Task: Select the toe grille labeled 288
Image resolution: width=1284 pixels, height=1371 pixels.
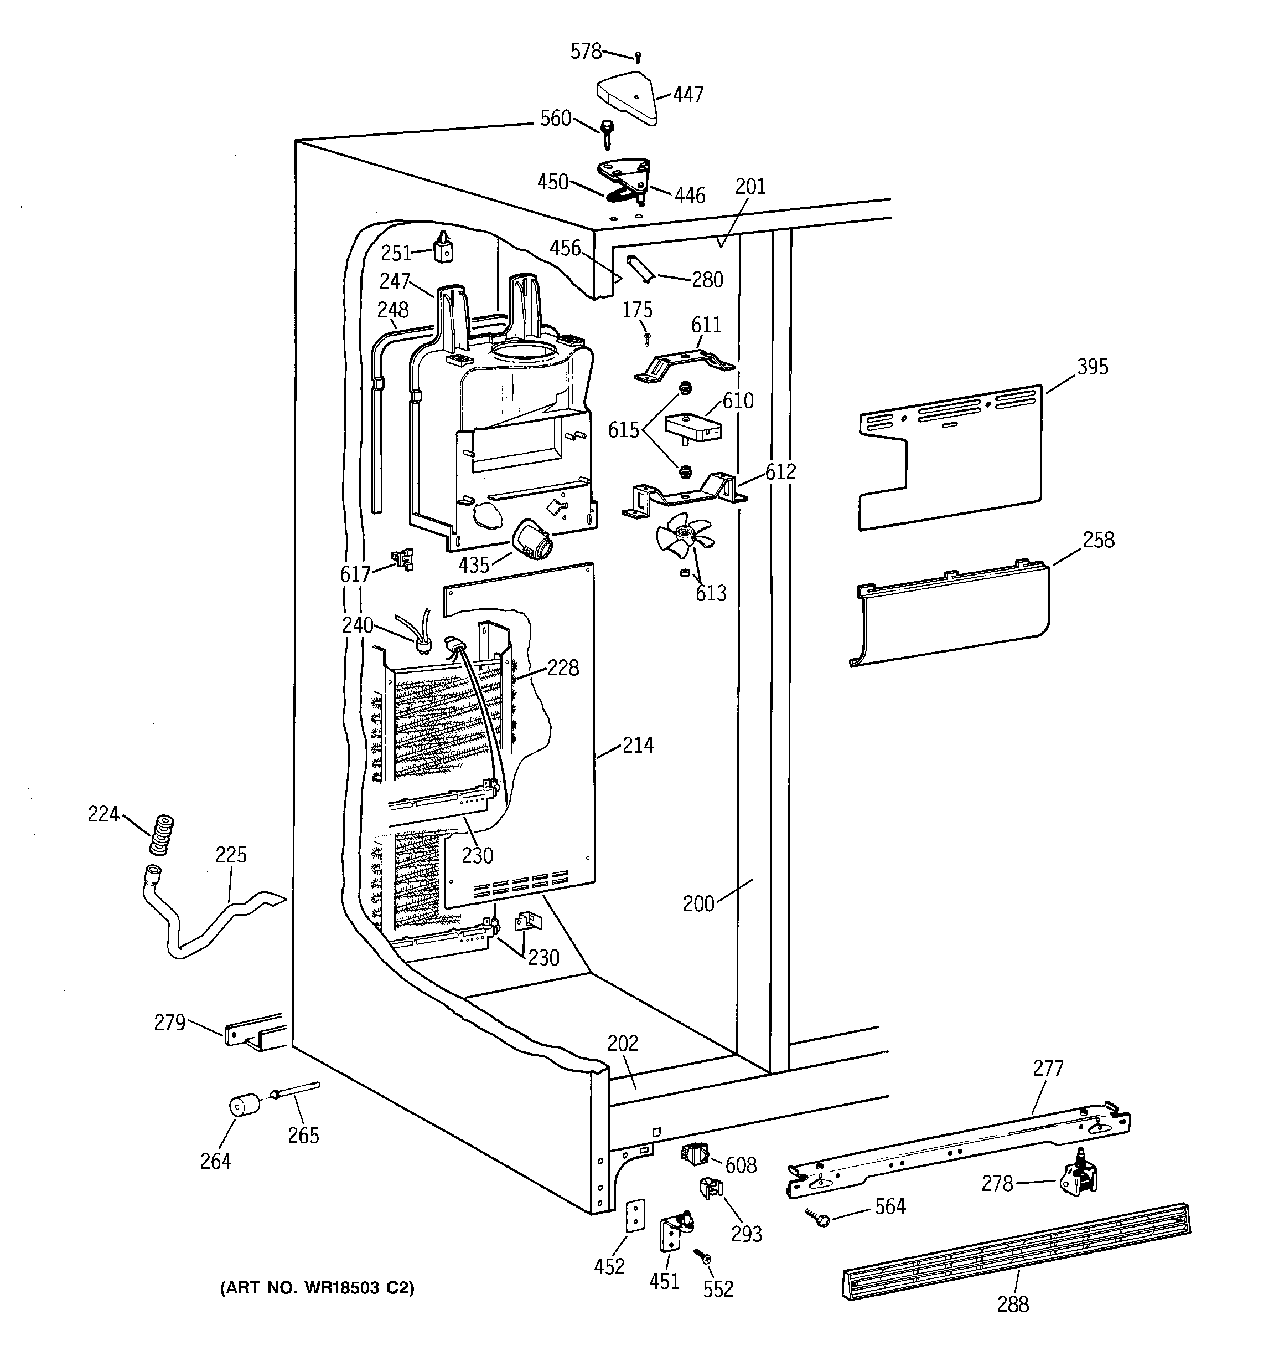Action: click(1017, 1252)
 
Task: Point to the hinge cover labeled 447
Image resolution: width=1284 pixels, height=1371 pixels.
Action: click(627, 96)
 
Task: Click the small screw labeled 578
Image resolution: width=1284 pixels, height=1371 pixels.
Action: click(638, 57)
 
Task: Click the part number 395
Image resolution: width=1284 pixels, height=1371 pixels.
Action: click(1093, 367)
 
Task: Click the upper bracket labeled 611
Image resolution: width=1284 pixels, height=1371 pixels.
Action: click(685, 366)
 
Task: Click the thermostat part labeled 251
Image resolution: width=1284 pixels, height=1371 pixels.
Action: click(444, 245)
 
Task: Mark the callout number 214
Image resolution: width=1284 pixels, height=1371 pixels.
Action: click(638, 745)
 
